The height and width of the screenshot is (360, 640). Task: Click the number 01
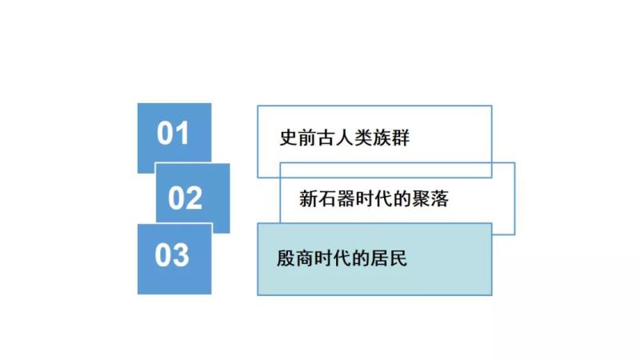pyautogui.click(x=173, y=133)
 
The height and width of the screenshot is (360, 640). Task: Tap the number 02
pyautogui.click(x=186, y=198)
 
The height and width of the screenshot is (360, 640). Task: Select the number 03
pyautogui.click(x=172, y=255)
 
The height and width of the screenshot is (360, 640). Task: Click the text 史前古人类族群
pyautogui.click(x=345, y=138)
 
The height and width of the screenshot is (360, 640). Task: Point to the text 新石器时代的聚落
pyautogui.click(x=374, y=198)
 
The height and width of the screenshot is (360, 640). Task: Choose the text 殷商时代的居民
pyautogui.click(x=342, y=258)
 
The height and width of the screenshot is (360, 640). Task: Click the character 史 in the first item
pyautogui.click(x=288, y=138)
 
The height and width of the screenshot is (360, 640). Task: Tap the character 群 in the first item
pyautogui.click(x=401, y=138)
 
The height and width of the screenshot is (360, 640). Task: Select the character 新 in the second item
pyautogui.click(x=308, y=198)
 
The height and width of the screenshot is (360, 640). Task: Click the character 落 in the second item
pyautogui.click(x=439, y=198)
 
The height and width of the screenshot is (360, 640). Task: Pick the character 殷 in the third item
pyautogui.click(x=286, y=258)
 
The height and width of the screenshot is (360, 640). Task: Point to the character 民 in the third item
pyautogui.click(x=398, y=258)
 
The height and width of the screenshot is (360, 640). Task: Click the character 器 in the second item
pyautogui.click(x=346, y=198)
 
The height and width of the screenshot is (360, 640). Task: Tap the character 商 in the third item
pyautogui.click(x=305, y=258)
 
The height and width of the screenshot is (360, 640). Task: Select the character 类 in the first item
pyautogui.click(x=363, y=138)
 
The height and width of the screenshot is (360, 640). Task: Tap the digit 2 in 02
pyautogui.click(x=194, y=198)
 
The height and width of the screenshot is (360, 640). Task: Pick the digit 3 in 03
pyautogui.click(x=181, y=255)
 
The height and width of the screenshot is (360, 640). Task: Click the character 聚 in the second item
pyautogui.click(x=421, y=198)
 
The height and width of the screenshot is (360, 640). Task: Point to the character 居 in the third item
pyautogui.click(x=379, y=258)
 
